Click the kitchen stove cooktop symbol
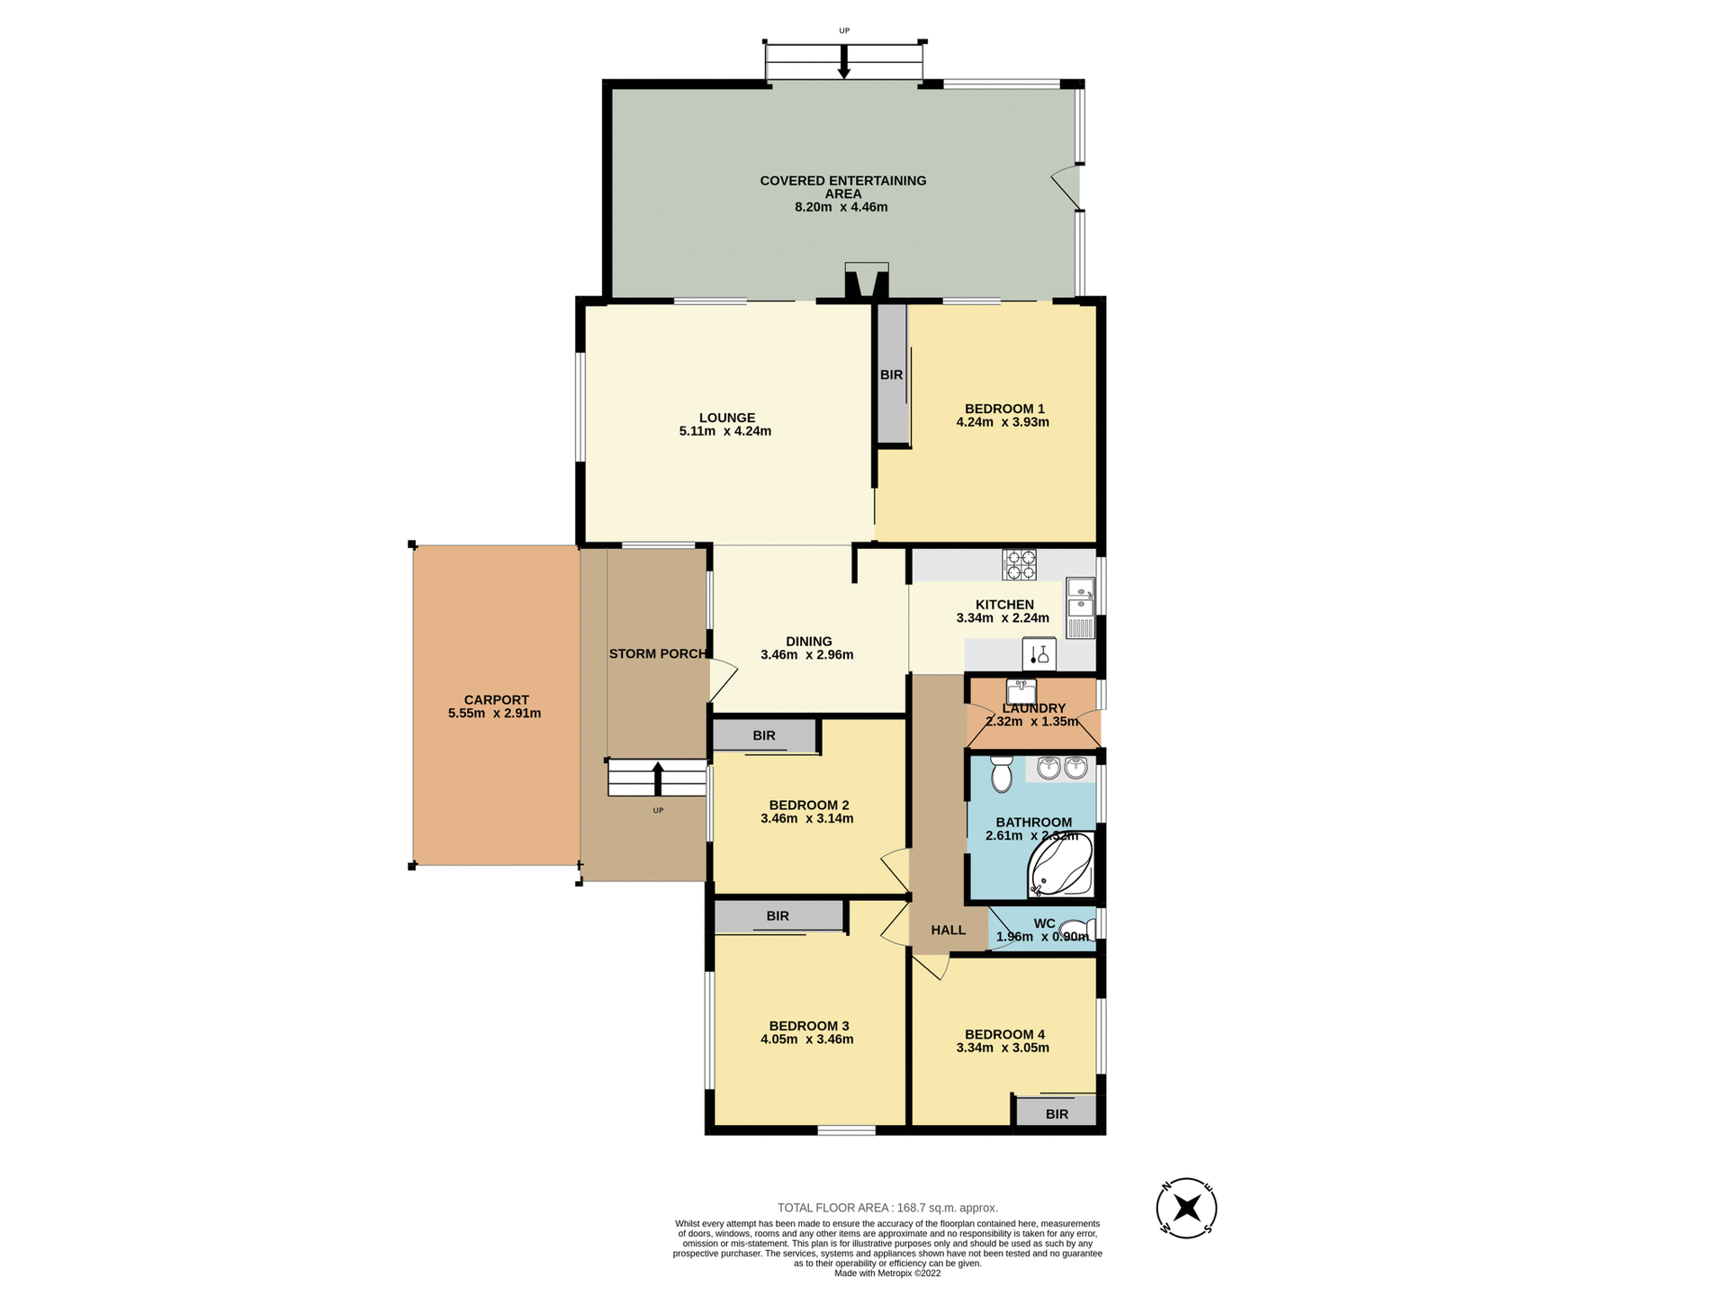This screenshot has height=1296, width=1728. pos(1019,564)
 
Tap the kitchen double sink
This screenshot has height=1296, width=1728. pos(1079,608)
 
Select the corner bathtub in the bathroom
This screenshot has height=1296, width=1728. pos(1060,865)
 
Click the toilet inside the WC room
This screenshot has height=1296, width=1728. pos(1075,930)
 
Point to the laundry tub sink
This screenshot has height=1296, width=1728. pos(1021,691)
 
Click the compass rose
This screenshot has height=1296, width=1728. pos(1186,1208)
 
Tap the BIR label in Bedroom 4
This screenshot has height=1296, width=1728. pos(1057,1114)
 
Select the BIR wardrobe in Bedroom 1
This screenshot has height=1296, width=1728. pos(892,374)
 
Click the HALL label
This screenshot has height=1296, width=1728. pos(948,930)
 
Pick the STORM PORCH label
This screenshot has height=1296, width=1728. pos(658,653)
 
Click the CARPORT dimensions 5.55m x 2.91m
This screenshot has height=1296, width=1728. pos(494,714)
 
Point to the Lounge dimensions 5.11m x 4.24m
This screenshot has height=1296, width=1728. pos(724,431)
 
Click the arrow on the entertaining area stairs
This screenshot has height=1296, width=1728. pos(843,61)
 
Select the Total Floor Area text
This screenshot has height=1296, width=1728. pos(887,1208)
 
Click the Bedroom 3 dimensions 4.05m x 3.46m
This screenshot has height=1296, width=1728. pos(806,1039)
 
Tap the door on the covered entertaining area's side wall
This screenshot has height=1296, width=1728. pos(1067,187)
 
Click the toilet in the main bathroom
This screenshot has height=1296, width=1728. pos(1001,774)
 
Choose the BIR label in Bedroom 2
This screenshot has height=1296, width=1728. pos(764,735)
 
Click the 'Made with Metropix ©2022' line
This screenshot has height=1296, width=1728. pos(887,1273)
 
